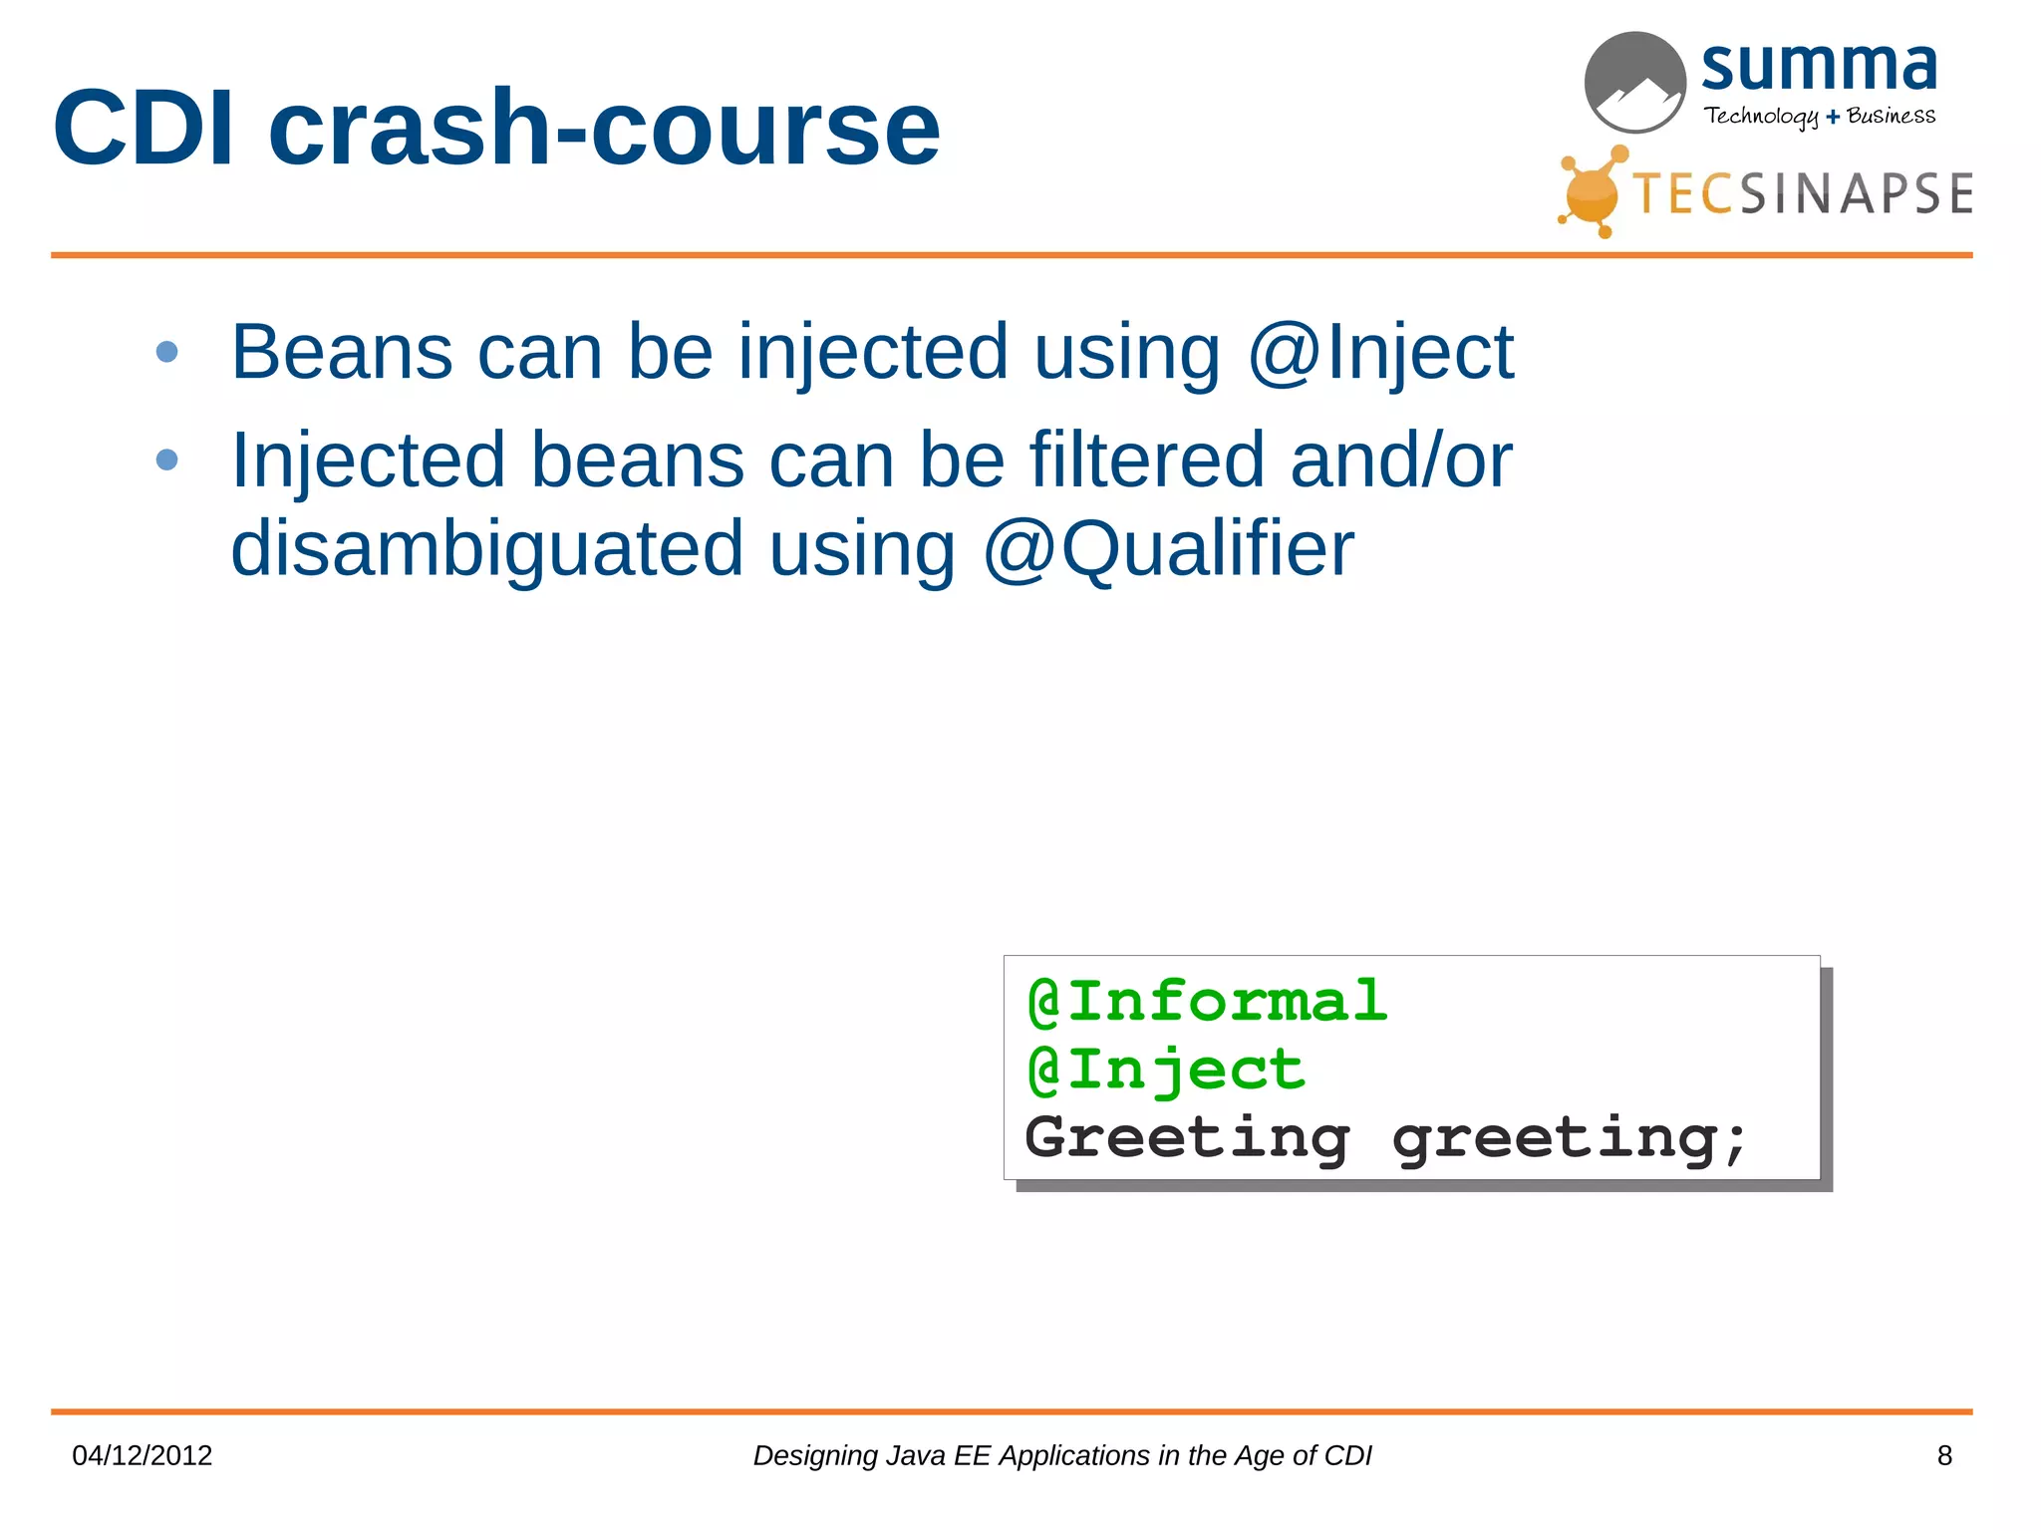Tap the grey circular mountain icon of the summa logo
point(1634,82)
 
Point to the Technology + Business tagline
point(1819,116)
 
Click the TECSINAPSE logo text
point(1802,193)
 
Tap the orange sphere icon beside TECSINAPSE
point(1591,193)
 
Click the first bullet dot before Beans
point(167,352)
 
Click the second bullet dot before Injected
point(167,459)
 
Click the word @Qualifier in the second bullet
point(1168,548)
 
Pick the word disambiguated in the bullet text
point(486,548)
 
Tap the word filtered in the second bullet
point(1146,459)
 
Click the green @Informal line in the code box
point(1206,1001)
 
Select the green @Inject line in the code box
point(1166,1070)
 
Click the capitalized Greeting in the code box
point(1186,1137)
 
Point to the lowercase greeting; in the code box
point(1570,1137)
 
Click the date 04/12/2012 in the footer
point(143,1455)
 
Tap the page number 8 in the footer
point(1944,1455)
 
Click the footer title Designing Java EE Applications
point(1061,1455)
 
